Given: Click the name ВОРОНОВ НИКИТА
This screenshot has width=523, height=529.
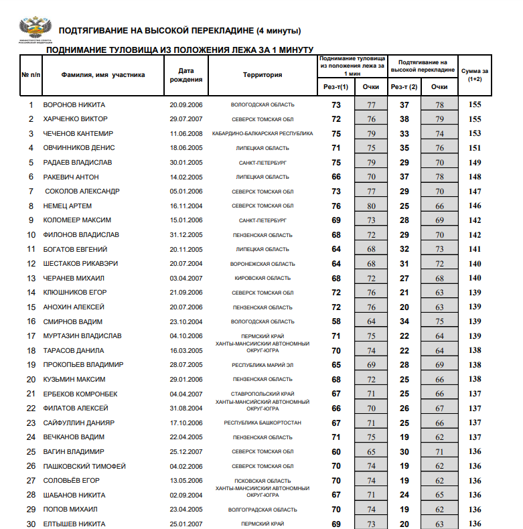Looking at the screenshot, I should [x=74, y=105].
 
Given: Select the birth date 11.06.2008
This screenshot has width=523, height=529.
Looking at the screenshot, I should [x=186, y=133].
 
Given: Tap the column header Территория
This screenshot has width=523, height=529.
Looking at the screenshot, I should [x=263, y=75].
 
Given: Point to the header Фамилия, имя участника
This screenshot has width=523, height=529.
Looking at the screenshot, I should [x=103, y=75].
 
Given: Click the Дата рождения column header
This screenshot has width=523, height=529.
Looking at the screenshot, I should [x=186, y=75].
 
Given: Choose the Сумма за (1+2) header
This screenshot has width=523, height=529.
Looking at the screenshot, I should [x=475, y=75].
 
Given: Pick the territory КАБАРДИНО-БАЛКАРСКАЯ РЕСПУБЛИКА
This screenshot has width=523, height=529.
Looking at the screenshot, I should [x=263, y=133].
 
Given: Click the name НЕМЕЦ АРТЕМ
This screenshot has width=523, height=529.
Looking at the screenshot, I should [x=68, y=206].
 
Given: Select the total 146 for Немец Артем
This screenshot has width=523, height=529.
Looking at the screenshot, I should [x=475, y=206].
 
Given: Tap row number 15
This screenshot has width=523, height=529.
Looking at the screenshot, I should [x=31, y=307].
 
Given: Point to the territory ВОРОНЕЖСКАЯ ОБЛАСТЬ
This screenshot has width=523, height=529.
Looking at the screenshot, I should [x=263, y=264].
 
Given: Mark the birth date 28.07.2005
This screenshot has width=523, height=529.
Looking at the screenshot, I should [x=186, y=365].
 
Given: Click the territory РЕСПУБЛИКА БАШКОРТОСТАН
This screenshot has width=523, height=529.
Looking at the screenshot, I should [x=263, y=423].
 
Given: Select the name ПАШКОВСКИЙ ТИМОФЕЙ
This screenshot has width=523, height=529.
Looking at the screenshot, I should [x=84, y=466].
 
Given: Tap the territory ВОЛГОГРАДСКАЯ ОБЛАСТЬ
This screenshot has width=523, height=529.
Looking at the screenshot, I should [x=263, y=510].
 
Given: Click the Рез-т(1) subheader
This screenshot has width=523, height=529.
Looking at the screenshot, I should [x=336, y=87].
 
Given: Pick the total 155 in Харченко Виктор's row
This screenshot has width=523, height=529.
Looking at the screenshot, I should [x=475, y=119].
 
